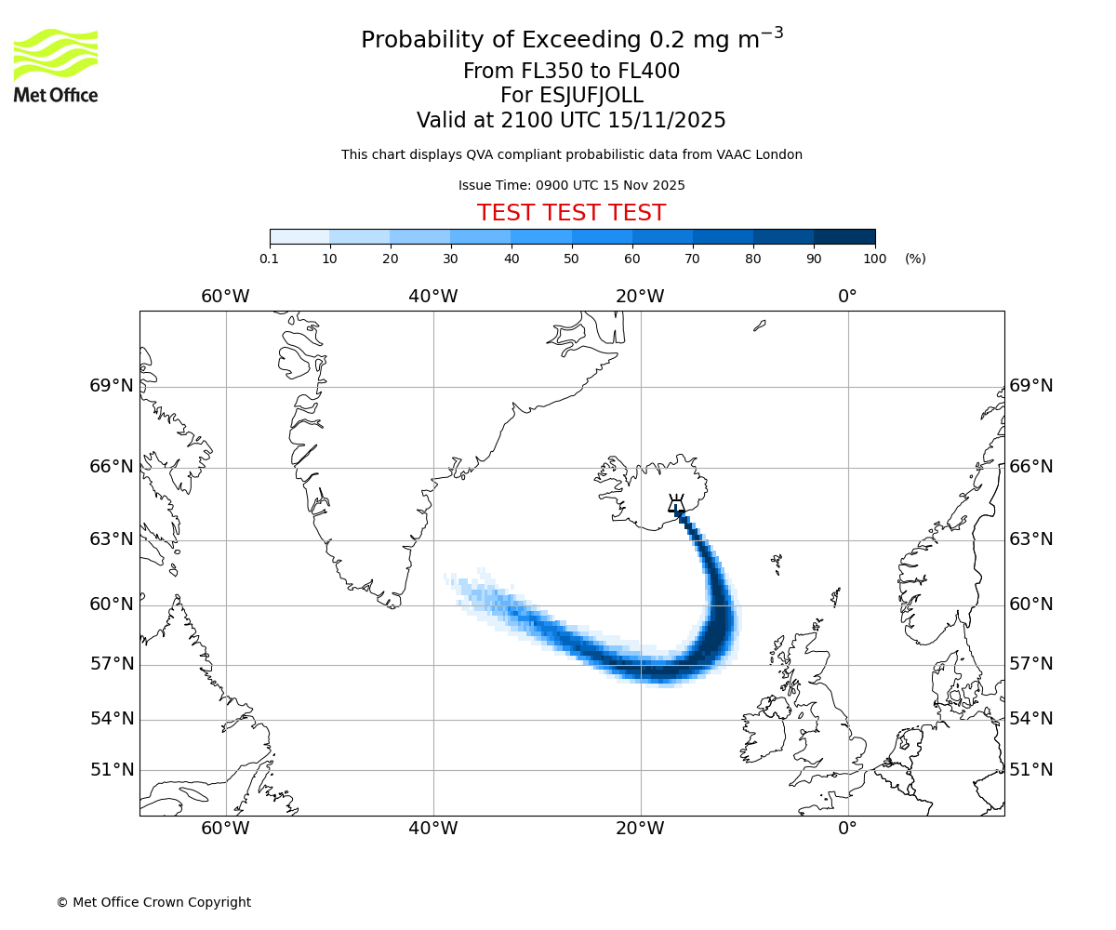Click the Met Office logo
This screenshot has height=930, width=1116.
[x=56, y=65]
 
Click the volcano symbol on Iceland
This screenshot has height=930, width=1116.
[x=677, y=504]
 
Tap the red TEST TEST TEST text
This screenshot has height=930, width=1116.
[x=571, y=214]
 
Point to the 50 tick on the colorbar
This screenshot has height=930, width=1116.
[x=572, y=259]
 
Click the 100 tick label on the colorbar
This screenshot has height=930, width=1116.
[x=874, y=259]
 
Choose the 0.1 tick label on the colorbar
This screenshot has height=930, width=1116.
[x=270, y=259]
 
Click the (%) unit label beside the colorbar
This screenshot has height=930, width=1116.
[x=915, y=259]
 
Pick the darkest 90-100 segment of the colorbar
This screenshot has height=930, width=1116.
[x=844, y=237]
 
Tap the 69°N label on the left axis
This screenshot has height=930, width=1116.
[x=112, y=386]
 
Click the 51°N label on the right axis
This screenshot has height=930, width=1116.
[x=1031, y=770]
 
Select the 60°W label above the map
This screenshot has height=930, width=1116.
[x=225, y=297]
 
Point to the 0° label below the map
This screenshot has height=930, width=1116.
[x=847, y=829]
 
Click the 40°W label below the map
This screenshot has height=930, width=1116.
[x=432, y=829]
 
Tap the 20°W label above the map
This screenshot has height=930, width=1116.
[x=640, y=297]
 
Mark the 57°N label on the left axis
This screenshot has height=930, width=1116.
[x=112, y=664]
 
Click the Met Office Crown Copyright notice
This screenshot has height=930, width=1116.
[x=153, y=902]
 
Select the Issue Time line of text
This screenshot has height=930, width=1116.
[x=571, y=185]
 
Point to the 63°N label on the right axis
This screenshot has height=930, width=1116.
[x=1031, y=539]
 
